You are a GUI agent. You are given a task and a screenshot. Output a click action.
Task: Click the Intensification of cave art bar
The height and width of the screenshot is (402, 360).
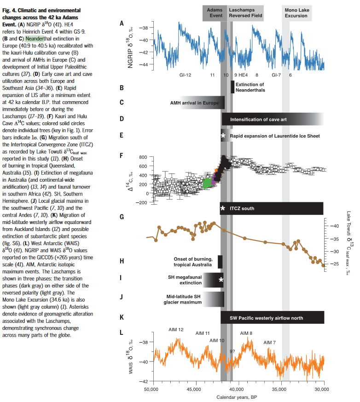pos(272,119)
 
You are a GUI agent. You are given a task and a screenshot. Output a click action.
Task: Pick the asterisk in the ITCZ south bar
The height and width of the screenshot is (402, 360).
pos(223,208)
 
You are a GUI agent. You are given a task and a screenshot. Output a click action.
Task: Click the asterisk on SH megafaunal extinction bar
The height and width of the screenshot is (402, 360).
pos(221,280)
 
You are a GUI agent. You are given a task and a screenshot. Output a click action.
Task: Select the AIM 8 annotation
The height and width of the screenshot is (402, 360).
pos(246,333)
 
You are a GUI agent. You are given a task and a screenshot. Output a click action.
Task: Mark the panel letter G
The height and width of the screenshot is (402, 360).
pos(122,217)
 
